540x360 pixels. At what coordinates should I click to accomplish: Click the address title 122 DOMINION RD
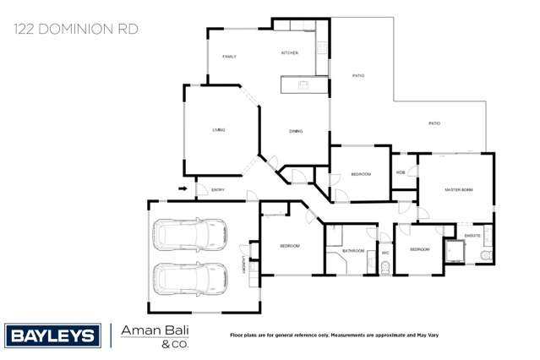pyautogui.click(x=75, y=29)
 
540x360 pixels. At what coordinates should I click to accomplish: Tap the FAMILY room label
pyautogui.click(x=229, y=57)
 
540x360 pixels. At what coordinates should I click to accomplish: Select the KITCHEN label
pyautogui.click(x=290, y=53)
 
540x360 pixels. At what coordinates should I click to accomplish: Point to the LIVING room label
pyautogui.click(x=219, y=130)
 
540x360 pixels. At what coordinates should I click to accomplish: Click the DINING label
pyautogui.click(x=296, y=131)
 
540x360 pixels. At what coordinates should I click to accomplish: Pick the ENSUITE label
pyautogui.click(x=472, y=236)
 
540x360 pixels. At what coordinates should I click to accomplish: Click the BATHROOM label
pyautogui.click(x=353, y=251)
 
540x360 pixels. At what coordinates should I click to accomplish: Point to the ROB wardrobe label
pyautogui.click(x=401, y=173)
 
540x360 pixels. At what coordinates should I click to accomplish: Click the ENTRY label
pyautogui.click(x=217, y=190)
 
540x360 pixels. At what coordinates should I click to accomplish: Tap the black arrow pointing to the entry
pyautogui.click(x=183, y=189)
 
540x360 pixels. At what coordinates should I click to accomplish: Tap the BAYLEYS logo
pyautogui.click(x=52, y=335)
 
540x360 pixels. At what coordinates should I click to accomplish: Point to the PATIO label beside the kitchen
pyautogui.click(x=358, y=76)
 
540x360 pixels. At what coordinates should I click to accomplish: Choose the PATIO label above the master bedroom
pyautogui.click(x=434, y=123)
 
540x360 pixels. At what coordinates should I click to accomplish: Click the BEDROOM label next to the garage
pyautogui.click(x=290, y=246)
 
